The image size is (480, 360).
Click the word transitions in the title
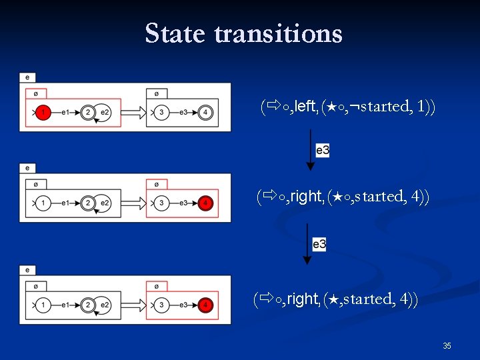279,33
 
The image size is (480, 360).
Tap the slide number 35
447,345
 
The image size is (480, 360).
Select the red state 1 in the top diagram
43,113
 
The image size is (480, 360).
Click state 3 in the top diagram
161,113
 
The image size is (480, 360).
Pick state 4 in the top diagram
206,113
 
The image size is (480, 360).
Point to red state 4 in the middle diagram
206,203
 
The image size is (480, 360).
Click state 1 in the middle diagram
43,203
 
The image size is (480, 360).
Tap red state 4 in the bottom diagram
206,305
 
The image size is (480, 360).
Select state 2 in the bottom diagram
88,305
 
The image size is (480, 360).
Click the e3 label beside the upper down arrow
323,151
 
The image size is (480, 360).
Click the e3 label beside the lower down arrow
319,244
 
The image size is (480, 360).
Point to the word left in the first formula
305,106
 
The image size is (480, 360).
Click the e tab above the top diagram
27,77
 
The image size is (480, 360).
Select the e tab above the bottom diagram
27,270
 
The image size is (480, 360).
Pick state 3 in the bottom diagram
161,305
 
